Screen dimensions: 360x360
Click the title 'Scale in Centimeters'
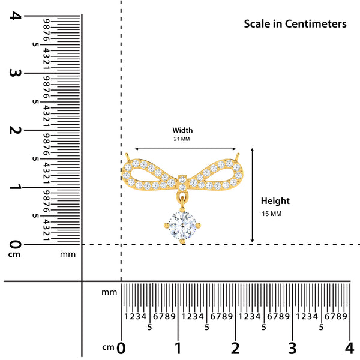point(295,24)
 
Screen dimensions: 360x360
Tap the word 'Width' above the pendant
point(183,130)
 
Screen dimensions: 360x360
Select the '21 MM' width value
point(181,139)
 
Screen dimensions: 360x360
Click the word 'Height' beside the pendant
point(275,201)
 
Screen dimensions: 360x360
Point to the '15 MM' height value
point(271,214)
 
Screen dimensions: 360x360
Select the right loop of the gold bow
point(218,173)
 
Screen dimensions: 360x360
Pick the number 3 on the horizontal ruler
point(292,348)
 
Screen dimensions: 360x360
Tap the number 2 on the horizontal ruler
point(235,348)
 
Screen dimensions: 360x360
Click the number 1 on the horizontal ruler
point(178,348)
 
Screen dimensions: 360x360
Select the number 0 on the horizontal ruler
point(122,348)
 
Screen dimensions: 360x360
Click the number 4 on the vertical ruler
point(14,16)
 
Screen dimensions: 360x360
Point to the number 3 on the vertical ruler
point(14,73)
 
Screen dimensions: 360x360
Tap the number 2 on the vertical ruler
point(14,130)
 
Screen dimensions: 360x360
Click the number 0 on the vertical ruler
point(14,244)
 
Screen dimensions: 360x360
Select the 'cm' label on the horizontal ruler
point(108,347)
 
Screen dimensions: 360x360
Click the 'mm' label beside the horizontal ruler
point(109,292)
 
